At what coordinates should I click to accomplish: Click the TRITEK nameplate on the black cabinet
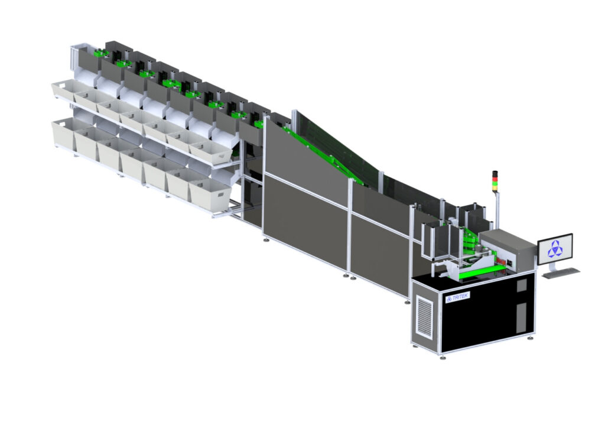[458, 297]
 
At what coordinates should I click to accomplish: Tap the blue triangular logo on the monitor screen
[555, 249]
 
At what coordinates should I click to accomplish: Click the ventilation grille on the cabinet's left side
[424, 316]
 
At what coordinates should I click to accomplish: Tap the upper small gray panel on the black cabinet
[521, 286]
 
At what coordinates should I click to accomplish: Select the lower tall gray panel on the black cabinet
[520, 317]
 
